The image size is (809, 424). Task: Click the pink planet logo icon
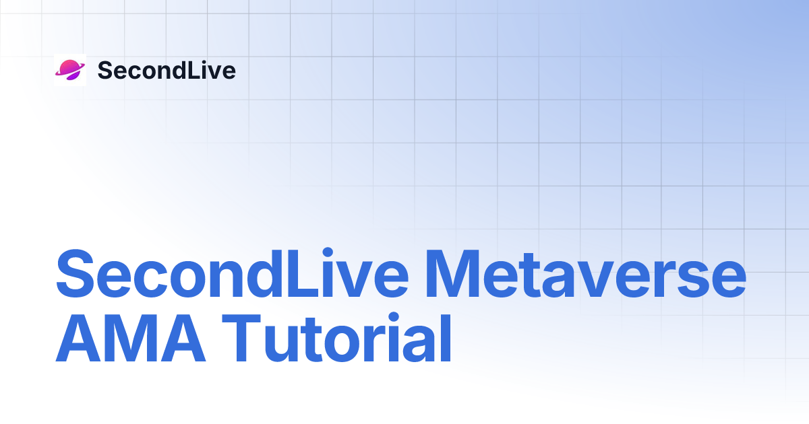[x=69, y=70]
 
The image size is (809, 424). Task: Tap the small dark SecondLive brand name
[x=167, y=70]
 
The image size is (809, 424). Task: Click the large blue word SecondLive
[x=232, y=275]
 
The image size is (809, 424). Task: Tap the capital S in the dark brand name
[x=104, y=70]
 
